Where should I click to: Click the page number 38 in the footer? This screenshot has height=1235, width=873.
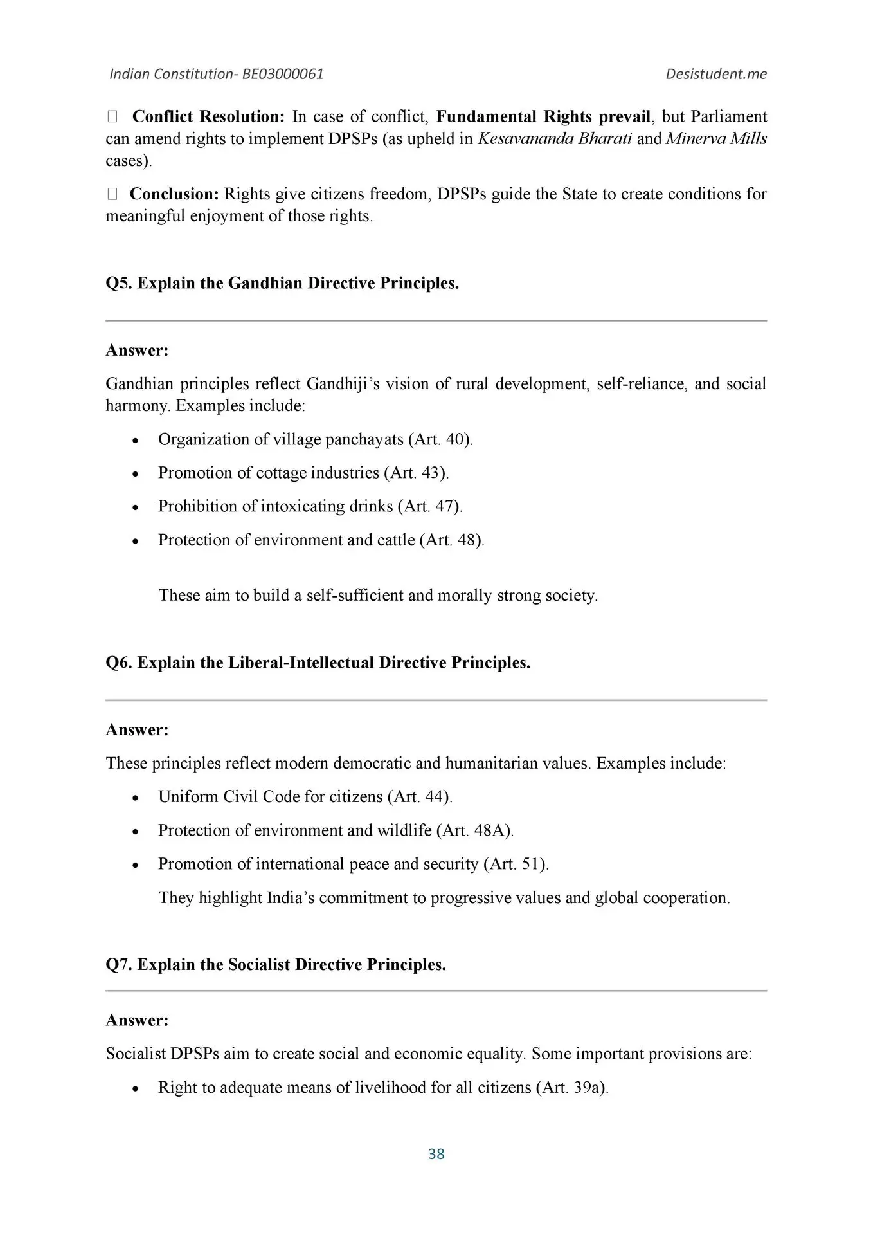(x=436, y=1154)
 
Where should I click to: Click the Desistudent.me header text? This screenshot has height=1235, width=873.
(x=716, y=74)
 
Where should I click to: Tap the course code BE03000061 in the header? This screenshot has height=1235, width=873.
(x=283, y=74)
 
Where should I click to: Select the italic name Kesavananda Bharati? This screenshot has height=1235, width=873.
(x=554, y=139)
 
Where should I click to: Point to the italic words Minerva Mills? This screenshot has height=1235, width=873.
(x=716, y=139)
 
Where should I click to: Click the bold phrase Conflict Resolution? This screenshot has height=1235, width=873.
(x=208, y=116)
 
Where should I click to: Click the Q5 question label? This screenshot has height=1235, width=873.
(x=119, y=283)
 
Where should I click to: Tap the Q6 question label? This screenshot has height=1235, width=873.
(x=119, y=663)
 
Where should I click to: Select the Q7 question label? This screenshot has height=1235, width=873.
(x=119, y=965)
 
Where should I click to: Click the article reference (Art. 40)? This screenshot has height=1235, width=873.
(x=440, y=439)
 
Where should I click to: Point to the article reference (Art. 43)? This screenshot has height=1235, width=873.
(x=416, y=473)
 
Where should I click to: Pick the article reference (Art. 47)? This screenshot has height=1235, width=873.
(x=430, y=506)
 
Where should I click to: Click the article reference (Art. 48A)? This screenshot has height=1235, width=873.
(x=474, y=830)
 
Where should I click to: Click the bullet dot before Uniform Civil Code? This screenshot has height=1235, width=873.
(x=134, y=798)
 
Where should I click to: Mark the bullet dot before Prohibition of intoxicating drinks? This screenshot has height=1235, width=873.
(x=134, y=508)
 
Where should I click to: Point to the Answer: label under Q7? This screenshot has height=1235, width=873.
(x=137, y=1020)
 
